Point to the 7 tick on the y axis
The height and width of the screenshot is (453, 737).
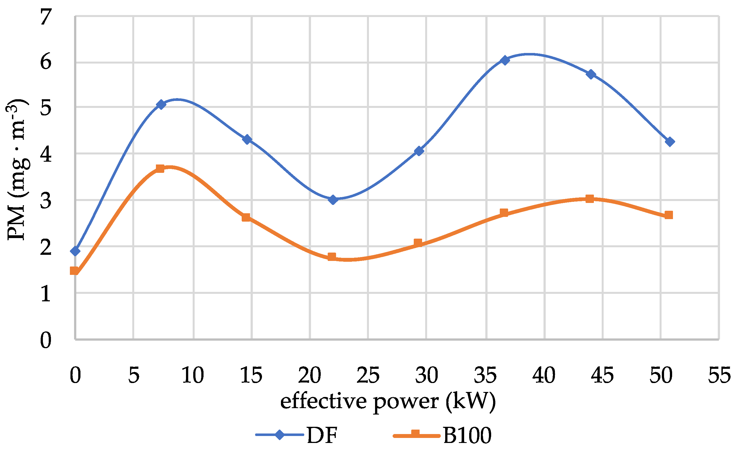point(46,17)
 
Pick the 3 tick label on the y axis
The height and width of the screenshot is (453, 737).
point(46,200)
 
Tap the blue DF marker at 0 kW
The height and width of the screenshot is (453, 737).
point(75,251)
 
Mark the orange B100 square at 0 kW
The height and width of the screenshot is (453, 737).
point(74,271)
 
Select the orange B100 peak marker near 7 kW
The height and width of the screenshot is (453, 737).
point(160,169)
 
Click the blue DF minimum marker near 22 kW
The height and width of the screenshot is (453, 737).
point(333,200)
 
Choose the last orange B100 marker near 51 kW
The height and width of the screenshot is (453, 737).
point(669,215)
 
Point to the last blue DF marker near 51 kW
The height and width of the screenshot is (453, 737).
point(670,142)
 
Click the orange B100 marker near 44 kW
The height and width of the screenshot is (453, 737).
point(589,199)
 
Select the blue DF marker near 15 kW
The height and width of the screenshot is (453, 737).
point(247,139)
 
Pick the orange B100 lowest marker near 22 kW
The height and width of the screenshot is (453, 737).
point(332,257)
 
